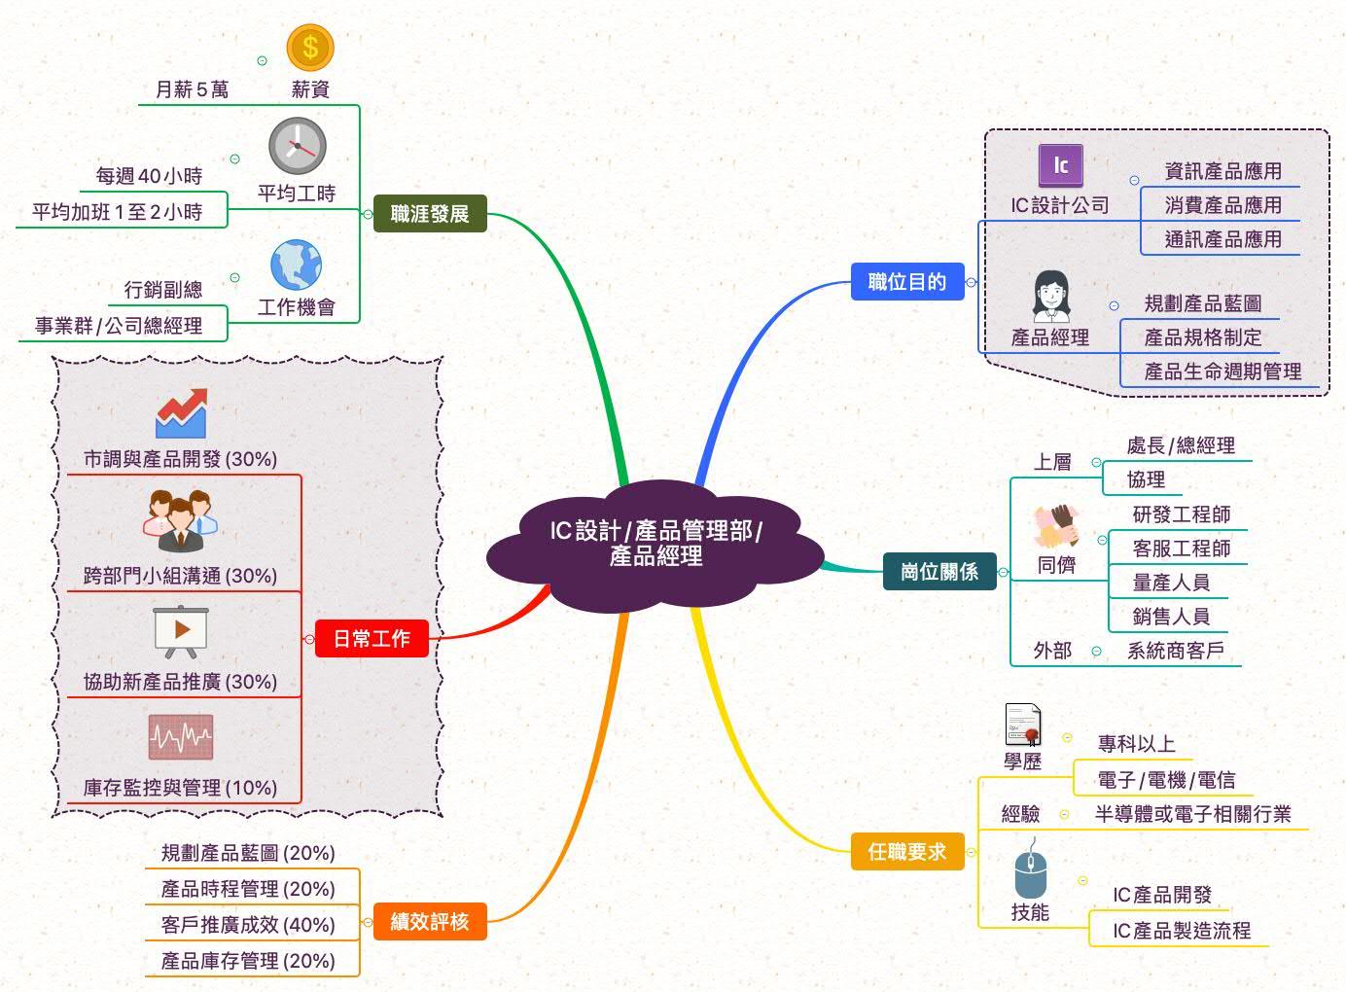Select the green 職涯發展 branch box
pos(429,214)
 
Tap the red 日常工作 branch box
pos(372,639)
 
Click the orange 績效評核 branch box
pos(429,921)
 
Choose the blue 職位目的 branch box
pos(906,282)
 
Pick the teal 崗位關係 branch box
pos(939,572)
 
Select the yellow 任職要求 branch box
pos(906,852)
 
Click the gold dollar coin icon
pos(310,47)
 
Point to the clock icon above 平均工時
pos(297,147)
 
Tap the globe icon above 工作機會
pos(296,266)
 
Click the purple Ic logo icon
pos(1060,166)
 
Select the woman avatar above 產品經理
pos(1050,297)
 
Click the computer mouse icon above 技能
pos(1030,872)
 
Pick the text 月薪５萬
pos(193,89)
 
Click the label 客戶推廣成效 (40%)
pos(248,925)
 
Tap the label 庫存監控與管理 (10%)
pos(180,788)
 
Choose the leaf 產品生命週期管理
pos(1222,372)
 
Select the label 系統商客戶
pos(1175,651)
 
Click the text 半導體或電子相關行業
pos(1192,814)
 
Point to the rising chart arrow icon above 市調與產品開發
pos(182,412)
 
